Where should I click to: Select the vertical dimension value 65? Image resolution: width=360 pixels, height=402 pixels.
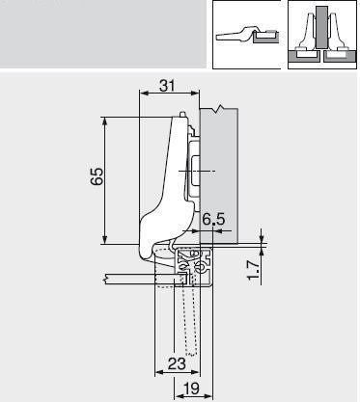point(96,177)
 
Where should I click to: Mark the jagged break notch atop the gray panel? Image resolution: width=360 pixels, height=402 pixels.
point(223,108)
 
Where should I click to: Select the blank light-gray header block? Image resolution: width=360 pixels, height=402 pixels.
point(101,34)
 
